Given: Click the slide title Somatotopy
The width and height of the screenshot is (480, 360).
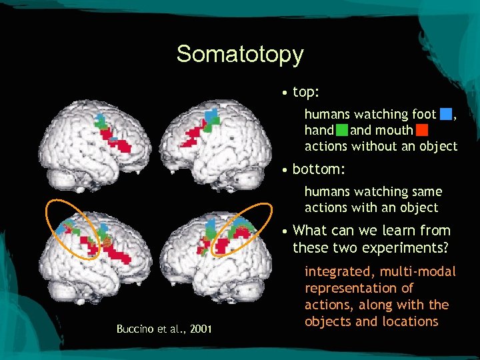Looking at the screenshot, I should pyautogui.click(x=240, y=54).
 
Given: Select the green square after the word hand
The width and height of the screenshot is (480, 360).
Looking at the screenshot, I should pyautogui.click(x=341, y=130).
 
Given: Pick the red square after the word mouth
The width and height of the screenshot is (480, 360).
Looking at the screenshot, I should pyautogui.click(x=421, y=130).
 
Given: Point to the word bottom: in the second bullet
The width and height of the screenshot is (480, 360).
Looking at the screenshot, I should pyautogui.click(x=319, y=169).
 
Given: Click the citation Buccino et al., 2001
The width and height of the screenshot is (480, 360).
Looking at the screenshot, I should pyautogui.click(x=164, y=329).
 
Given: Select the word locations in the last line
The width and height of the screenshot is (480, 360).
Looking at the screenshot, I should pyautogui.click(x=410, y=321).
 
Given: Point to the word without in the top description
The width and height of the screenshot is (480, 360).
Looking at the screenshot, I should pyautogui.click(x=375, y=146).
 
